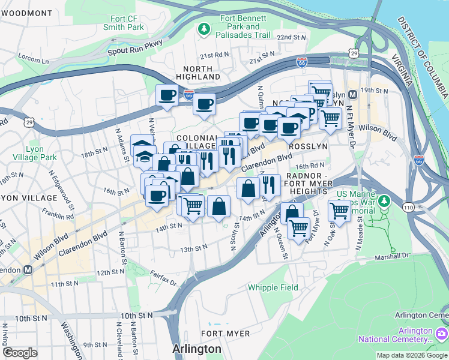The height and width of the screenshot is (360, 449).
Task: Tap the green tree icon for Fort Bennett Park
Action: (x=205, y=28)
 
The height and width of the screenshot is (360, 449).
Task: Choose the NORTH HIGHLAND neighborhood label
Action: (x=199, y=73)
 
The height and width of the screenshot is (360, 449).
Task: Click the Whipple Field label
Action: (x=273, y=287)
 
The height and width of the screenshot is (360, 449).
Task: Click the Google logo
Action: (x=20, y=353)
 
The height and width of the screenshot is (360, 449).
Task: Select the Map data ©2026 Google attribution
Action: (x=411, y=355)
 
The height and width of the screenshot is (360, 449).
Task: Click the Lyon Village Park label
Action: (x=34, y=153)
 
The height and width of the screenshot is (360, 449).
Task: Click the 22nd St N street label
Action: (x=291, y=37)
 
